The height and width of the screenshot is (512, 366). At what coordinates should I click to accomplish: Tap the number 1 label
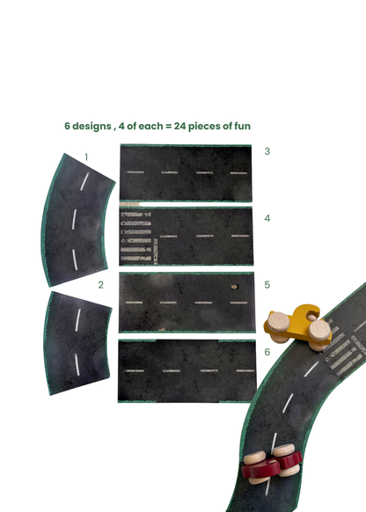[86, 157]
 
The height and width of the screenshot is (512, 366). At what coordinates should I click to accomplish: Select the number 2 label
[101, 285]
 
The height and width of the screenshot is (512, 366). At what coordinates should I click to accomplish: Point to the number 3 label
[267, 151]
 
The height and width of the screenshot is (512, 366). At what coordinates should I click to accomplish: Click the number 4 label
[267, 218]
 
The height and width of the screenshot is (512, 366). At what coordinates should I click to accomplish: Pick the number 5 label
[267, 285]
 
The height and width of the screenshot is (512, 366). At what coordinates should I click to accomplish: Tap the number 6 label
[267, 352]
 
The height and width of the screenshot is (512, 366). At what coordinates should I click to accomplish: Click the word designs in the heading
[94, 126]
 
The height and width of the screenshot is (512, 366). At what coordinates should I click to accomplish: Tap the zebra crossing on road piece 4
[135, 237]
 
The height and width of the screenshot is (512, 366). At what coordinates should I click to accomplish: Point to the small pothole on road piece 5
[235, 286]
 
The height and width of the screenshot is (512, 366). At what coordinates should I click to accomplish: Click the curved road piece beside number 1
[77, 216]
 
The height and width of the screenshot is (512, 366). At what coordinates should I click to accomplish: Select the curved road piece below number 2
[77, 343]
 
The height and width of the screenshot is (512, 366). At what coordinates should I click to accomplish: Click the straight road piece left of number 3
[187, 172]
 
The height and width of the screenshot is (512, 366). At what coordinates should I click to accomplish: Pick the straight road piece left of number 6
[187, 370]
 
